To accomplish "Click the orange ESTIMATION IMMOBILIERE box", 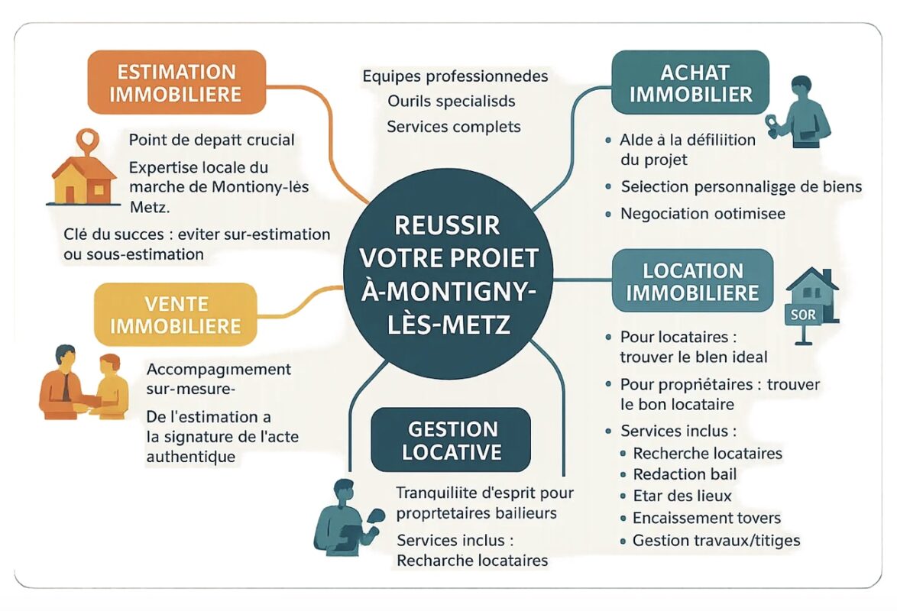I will point(176,82).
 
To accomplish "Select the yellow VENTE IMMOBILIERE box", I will point(175,315).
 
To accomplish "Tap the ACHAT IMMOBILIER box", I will point(691,82).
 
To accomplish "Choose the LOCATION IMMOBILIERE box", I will point(692,281).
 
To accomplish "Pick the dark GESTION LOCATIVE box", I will point(451,440).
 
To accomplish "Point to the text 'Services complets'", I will point(454,126).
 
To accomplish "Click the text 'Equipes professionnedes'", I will point(455,76).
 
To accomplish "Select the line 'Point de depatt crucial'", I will point(212,141).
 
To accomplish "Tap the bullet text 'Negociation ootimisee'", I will point(703,213).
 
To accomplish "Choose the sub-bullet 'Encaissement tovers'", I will point(707,519).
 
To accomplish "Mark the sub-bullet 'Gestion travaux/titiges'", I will point(716,541).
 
